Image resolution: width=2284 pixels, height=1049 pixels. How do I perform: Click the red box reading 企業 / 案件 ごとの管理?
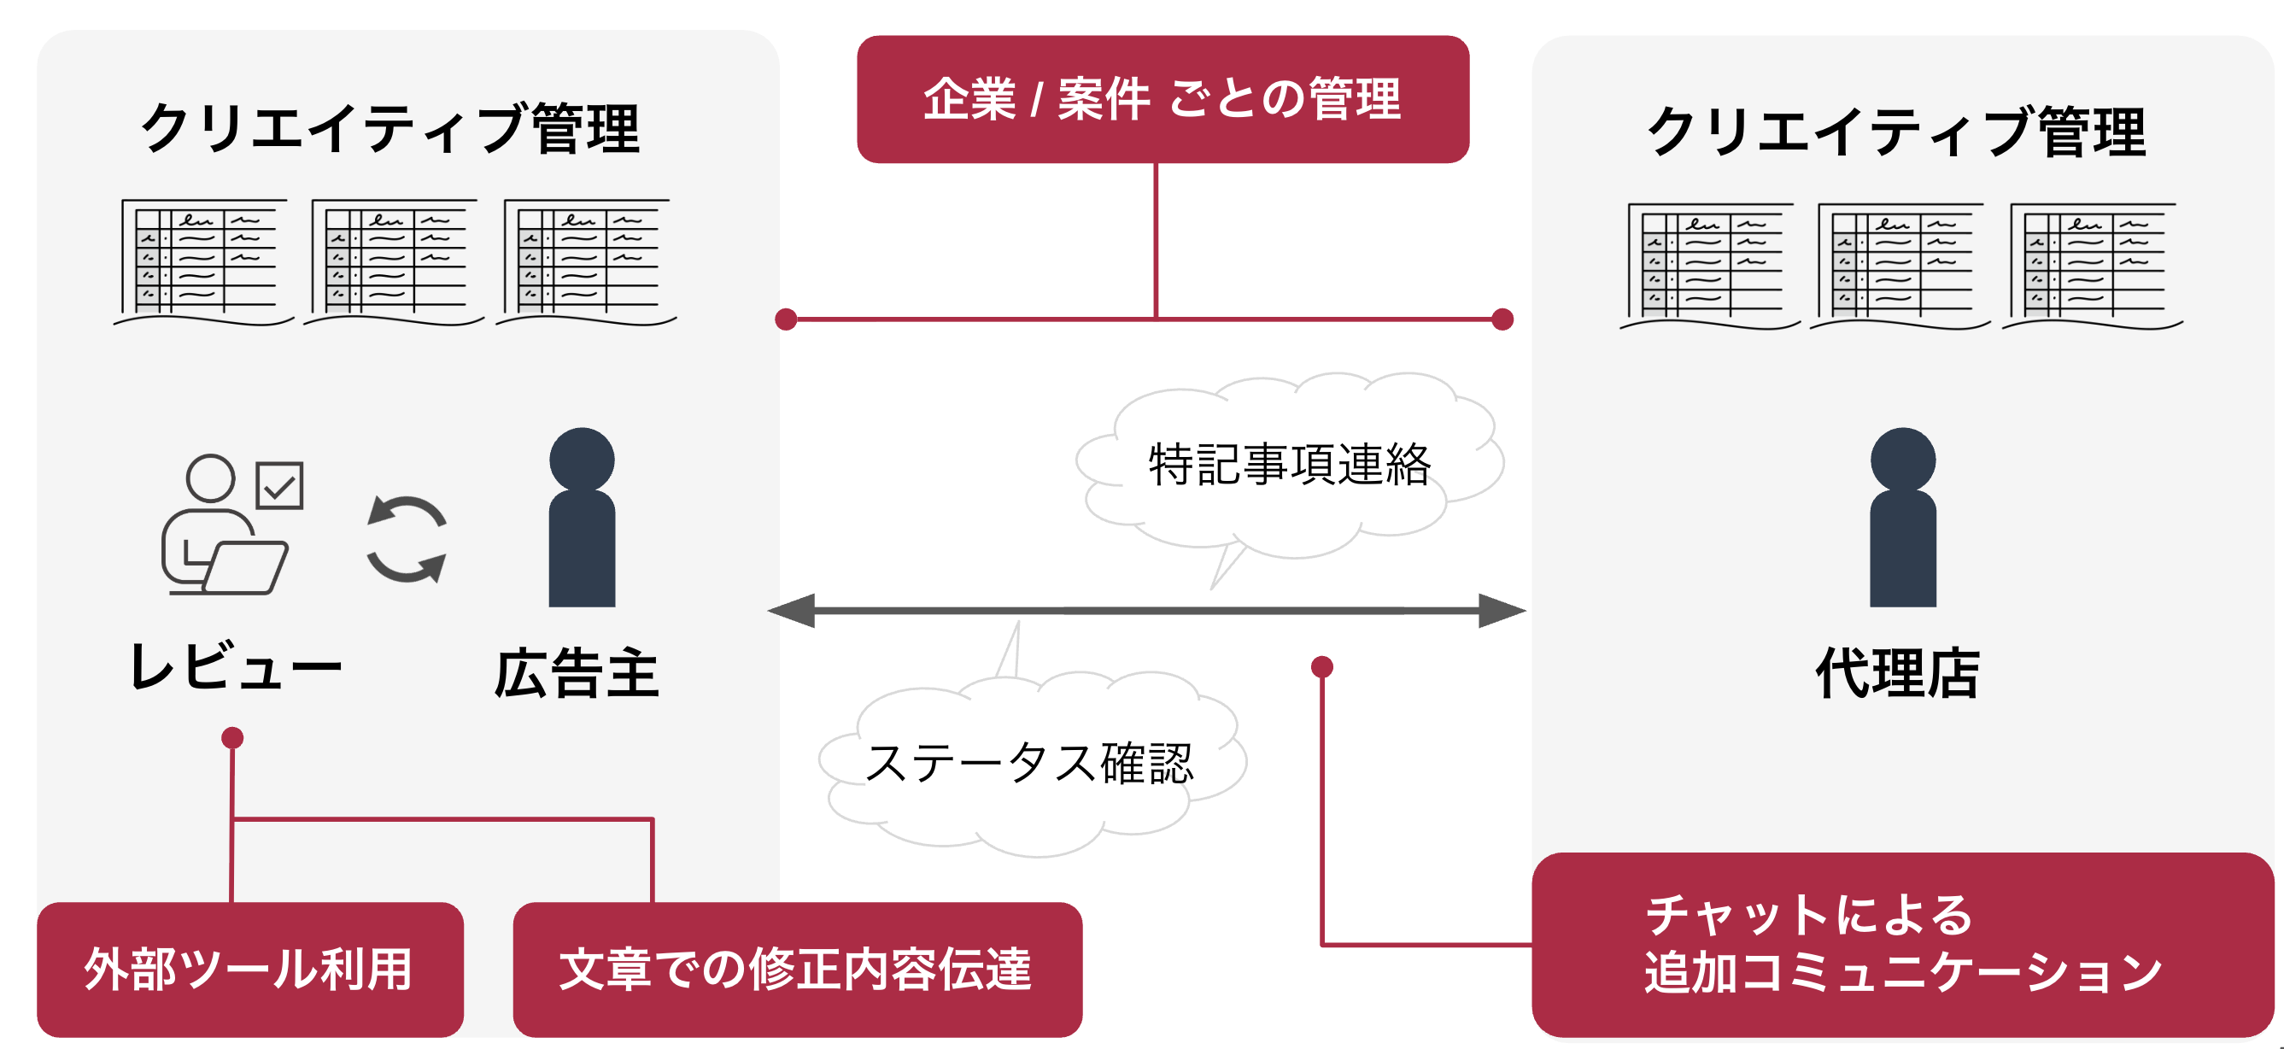(1162, 98)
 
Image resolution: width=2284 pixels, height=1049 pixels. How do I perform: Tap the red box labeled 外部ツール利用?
(249, 969)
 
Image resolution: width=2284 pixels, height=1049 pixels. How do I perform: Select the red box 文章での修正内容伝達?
(796, 969)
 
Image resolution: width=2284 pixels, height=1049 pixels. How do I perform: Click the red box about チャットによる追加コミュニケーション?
(1902, 945)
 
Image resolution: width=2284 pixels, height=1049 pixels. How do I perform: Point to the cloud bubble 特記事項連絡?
(1289, 464)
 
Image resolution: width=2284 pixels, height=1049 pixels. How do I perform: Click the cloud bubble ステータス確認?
(1030, 764)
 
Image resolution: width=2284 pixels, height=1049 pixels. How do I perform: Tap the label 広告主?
(577, 673)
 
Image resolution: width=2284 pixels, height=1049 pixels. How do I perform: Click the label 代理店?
(1897, 673)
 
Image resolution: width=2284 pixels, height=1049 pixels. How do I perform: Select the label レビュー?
(235, 667)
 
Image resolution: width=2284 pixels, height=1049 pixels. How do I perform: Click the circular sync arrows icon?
(407, 539)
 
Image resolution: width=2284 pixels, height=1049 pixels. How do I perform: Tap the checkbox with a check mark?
(279, 485)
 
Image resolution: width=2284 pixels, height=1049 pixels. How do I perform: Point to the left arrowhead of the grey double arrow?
(792, 611)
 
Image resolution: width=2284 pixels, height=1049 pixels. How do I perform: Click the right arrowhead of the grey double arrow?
(1502, 611)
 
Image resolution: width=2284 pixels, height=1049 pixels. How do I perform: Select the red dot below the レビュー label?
(232, 738)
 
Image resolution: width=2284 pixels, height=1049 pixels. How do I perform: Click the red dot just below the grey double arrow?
(1322, 667)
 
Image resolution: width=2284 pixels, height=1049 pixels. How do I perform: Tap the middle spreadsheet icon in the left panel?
(395, 260)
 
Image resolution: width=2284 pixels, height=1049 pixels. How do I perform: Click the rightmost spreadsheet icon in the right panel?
(2093, 263)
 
